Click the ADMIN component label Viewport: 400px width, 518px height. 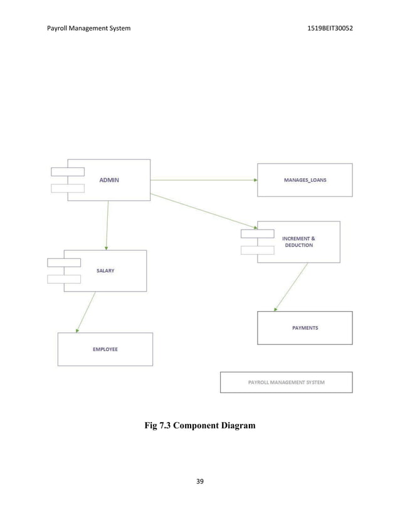pyautogui.click(x=108, y=180)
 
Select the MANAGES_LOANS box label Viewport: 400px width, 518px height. pyautogui.click(x=305, y=179)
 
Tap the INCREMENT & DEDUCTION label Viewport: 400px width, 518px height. pyautogui.click(x=298, y=242)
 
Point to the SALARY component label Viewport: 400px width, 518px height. pyautogui.click(x=105, y=271)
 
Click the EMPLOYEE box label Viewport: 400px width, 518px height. pyautogui.click(x=105, y=349)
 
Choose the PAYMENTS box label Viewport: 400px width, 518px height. pyautogui.click(x=305, y=327)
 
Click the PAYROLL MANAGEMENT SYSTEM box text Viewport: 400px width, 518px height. pyautogui.click(x=287, y=382)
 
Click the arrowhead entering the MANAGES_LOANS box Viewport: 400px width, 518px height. pyautogui.click(x=255, y=179)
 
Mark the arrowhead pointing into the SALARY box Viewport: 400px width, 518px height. pyautogui.click(x=107, y=248)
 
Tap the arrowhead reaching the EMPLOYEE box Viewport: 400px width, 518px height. pyautogui.click(x=77, y=330)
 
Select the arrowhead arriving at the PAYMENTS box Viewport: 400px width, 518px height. pyautogui.click(x=275, y=309)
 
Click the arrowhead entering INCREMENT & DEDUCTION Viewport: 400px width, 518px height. pyautogui.click(x=255, y=227)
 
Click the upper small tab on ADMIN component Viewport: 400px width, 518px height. pyautogui.click(x=68, y=172)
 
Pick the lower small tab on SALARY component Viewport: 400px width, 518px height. pyautogui.click(x=64, y=279)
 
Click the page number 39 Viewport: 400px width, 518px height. pyautogui.click(x=200, y=481)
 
